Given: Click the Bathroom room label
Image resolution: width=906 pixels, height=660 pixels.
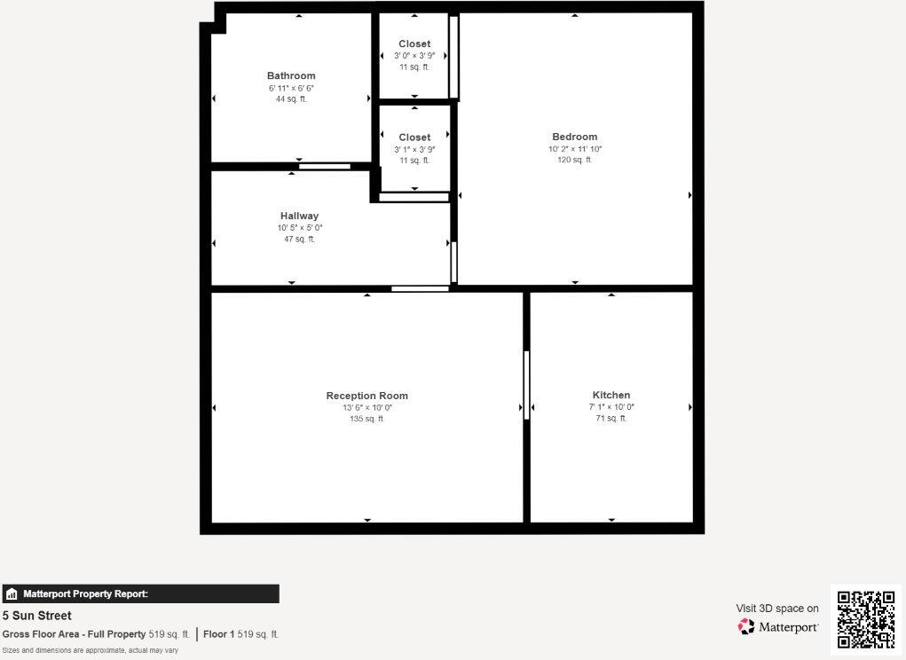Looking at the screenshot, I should coord(291,76).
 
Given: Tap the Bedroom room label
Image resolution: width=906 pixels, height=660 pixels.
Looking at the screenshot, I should coord(574,137).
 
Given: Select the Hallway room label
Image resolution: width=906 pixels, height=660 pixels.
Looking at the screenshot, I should coord(299,216).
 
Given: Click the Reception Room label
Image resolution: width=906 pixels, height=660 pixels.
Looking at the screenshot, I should coord(366,396).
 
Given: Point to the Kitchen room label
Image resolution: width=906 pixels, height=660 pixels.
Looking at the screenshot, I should coord(611,395).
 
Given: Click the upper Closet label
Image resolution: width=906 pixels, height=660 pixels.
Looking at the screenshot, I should coord(414,43).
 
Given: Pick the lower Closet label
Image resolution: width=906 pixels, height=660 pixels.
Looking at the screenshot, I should coord(414,137).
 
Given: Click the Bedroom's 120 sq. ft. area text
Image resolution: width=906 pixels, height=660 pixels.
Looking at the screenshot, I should coord(574,161).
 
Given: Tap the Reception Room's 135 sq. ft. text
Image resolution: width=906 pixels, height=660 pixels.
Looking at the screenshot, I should coord(366,419).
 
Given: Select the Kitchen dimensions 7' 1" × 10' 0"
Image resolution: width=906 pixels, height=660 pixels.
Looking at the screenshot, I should coord(611,407).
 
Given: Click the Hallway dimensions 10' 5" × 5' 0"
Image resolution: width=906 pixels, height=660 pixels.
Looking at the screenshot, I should coord(299,228).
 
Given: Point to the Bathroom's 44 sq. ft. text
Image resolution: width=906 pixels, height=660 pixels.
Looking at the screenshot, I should coord(291,99).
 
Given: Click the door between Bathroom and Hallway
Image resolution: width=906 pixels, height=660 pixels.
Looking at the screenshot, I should coord(325,166).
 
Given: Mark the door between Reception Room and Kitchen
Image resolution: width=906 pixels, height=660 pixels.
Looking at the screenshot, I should coord(526,385).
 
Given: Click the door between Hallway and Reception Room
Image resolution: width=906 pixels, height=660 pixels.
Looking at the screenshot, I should coord(420,288).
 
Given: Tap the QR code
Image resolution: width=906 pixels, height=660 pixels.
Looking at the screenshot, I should coord(866,619).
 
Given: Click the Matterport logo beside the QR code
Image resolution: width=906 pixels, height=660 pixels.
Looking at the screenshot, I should coord(777,627).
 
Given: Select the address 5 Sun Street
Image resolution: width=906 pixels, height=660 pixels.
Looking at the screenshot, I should coord(37,616).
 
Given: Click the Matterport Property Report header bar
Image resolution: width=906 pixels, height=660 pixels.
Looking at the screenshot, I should coord(140,594).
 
